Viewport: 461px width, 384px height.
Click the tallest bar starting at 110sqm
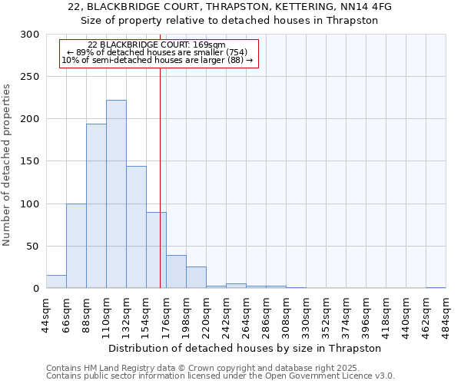pos(116,194)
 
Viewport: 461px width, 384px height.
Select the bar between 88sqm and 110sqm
pos(96,206)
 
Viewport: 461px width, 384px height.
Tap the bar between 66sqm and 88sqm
pos(76,246)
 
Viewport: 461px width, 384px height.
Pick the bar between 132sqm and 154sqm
pos(136,227)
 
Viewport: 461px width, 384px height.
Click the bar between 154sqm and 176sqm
pos(156,250)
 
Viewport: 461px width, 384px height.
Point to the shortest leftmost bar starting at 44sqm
pos(56,282)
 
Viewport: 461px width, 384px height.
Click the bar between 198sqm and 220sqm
pos(196,277)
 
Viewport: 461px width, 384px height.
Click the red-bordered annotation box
pos(158,53)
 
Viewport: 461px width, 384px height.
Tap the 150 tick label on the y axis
pos(30,161)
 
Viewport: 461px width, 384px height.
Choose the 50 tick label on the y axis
pos(33,247)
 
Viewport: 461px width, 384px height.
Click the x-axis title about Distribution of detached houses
pos(246,348)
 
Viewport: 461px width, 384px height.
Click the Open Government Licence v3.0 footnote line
pos(221,376)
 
